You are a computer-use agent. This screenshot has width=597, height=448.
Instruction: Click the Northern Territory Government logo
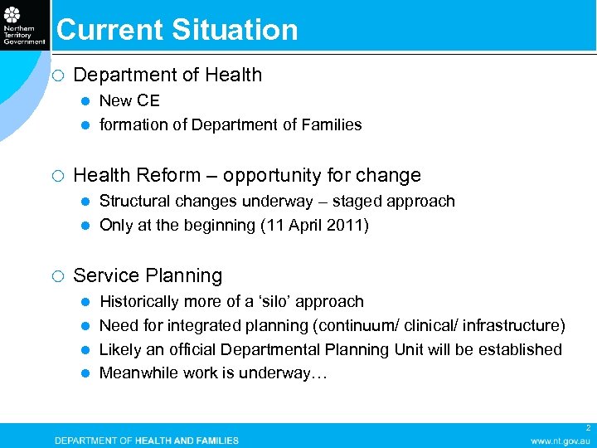pyautogui.click(x=24, y=25)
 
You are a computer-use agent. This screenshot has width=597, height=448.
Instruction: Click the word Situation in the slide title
pyautogui.click(x=235, y=30)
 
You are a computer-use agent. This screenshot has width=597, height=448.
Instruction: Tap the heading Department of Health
pyautogui.click(x=167, y=75)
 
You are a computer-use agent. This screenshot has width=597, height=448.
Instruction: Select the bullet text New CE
pyautogui.click(x=129, y=101)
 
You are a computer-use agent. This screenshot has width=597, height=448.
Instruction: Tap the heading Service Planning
pyautogui.click(x=148, y=276)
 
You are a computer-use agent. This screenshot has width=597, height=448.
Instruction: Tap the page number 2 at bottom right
pyautogui.click(x=588, y=428)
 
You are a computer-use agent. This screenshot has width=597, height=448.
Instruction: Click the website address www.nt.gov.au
pyautogui.click(x=561, y=441)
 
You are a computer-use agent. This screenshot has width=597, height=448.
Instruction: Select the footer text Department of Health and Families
pyautogui.click(x=147, y=441)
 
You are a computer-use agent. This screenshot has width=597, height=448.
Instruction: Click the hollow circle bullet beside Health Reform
pyautogui.click(x=56, y=176)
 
